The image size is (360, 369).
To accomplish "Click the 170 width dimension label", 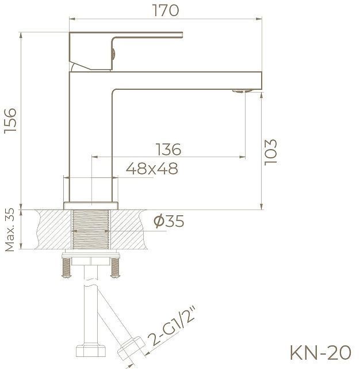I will pyautogui.click(x=166, y=10).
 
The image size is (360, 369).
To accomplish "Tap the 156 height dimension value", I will pyautogui.click(x=10, y=120).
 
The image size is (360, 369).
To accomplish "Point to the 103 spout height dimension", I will pyautogui.click(x=271, y=152).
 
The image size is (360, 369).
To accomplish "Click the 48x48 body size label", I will pyautogui.click(x=152, y=169).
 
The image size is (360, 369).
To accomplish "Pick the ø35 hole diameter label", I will pyautogui.click(x=170, y=221).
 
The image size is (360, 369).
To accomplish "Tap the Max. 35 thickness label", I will pyautogui.click(x=10, y=230).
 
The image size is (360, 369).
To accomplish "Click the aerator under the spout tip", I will pyautogui.click(x=244, y=90).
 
